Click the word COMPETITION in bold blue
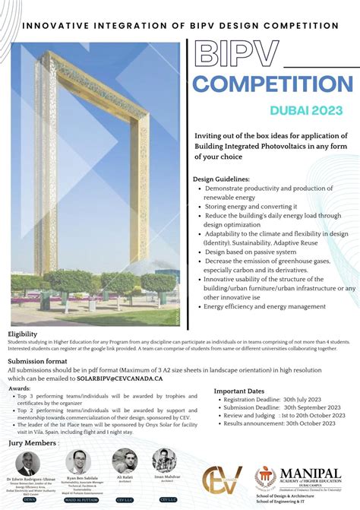click(x=276, y=84)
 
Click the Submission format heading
click(x=37, y=362)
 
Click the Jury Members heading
click(x=32, y=442)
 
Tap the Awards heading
click(x=20, y=388)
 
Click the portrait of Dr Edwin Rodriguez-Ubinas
click(x=28, y=464)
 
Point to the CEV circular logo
click(x=222, y=483)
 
